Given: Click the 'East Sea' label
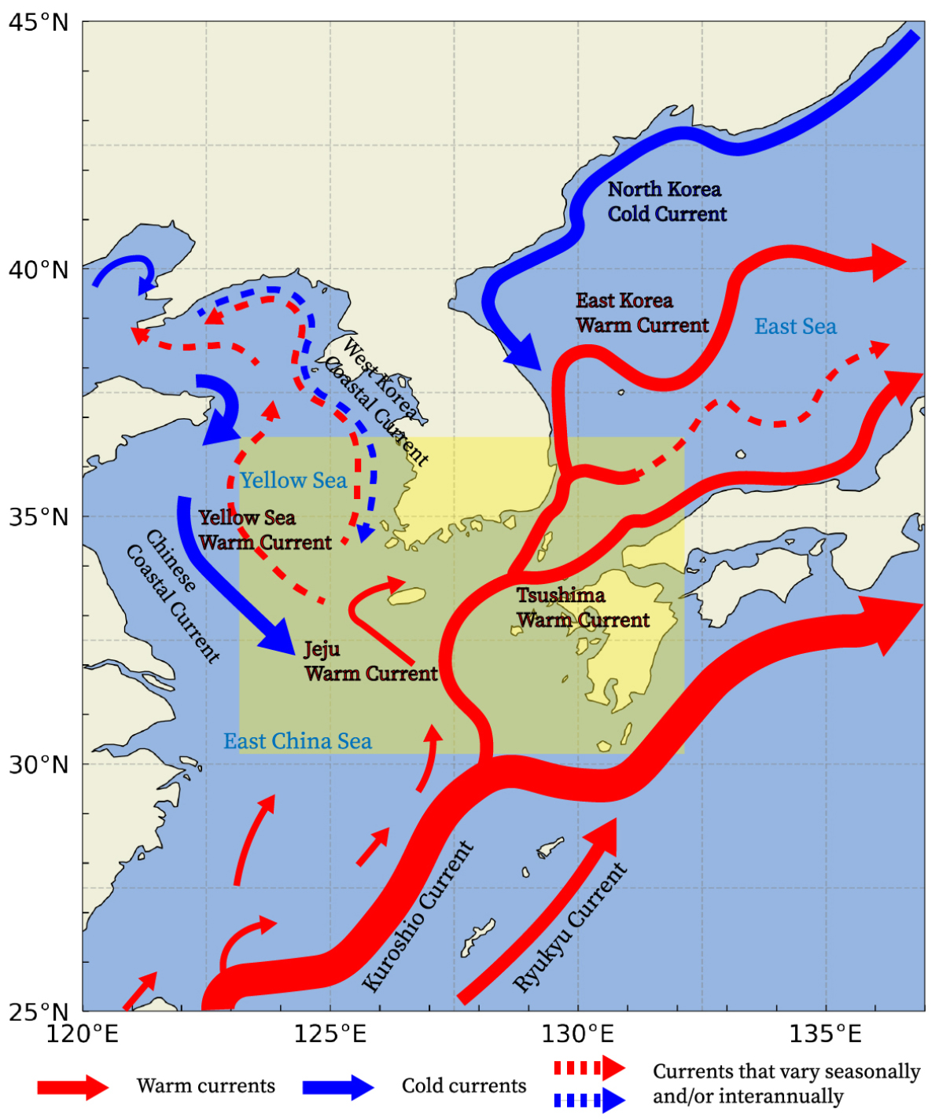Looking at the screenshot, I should [x=795, y=327].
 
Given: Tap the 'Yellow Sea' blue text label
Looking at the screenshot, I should [x=293, y=480].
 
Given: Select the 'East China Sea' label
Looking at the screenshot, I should [x=297, y=741].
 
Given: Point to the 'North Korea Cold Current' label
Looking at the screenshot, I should [x=667, y=201].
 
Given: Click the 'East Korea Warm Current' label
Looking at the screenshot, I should [x=642, y=313].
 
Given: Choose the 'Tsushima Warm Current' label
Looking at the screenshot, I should [x=583, y=608].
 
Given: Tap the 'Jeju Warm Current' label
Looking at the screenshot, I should [x=370, y=661].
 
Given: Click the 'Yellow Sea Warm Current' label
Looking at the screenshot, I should [x=265, y=530].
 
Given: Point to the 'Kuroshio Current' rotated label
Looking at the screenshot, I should [x=418, y=916].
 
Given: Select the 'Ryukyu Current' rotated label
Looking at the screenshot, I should [x=570, y=927].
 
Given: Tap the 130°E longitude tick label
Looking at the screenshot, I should [x=578, y=1033].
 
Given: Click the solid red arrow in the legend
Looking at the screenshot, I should [x=72, y=1087].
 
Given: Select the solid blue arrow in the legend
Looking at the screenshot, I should [x=338, y=1087].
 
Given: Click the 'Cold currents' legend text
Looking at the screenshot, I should [x=463, y=1086].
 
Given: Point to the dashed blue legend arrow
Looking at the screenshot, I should [x=589, y=1100].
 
